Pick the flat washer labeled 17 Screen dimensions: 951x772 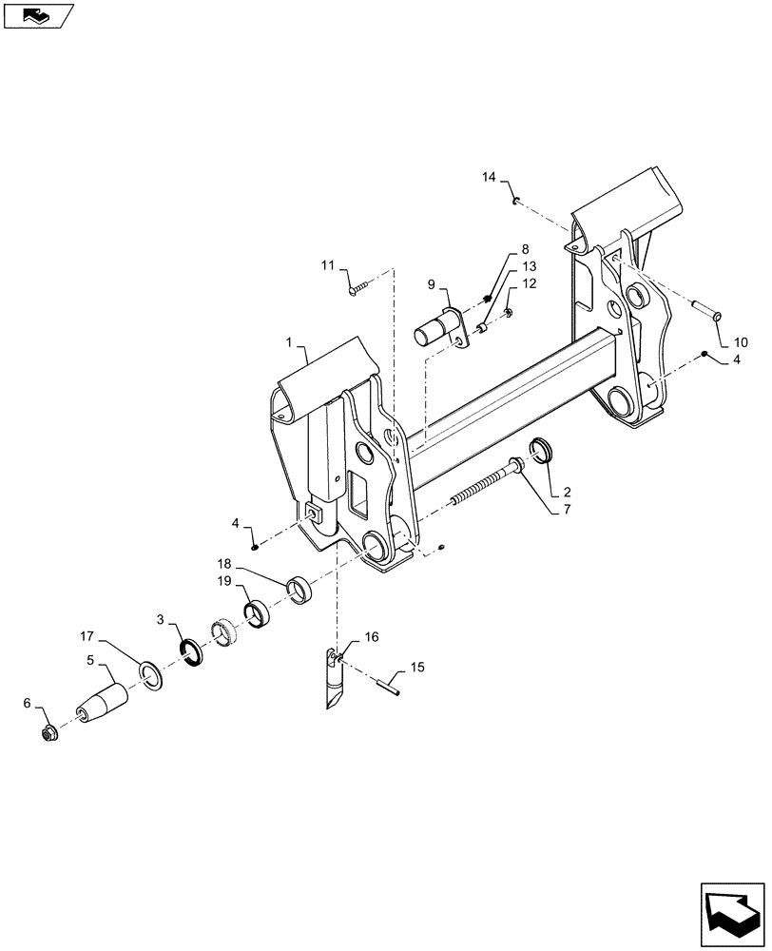pyautogui.click(x=150, y=674)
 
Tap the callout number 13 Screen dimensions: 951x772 pyautogui.click(x=529, y=266)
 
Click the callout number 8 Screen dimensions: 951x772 pyautogui.click(x=525, y=249)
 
